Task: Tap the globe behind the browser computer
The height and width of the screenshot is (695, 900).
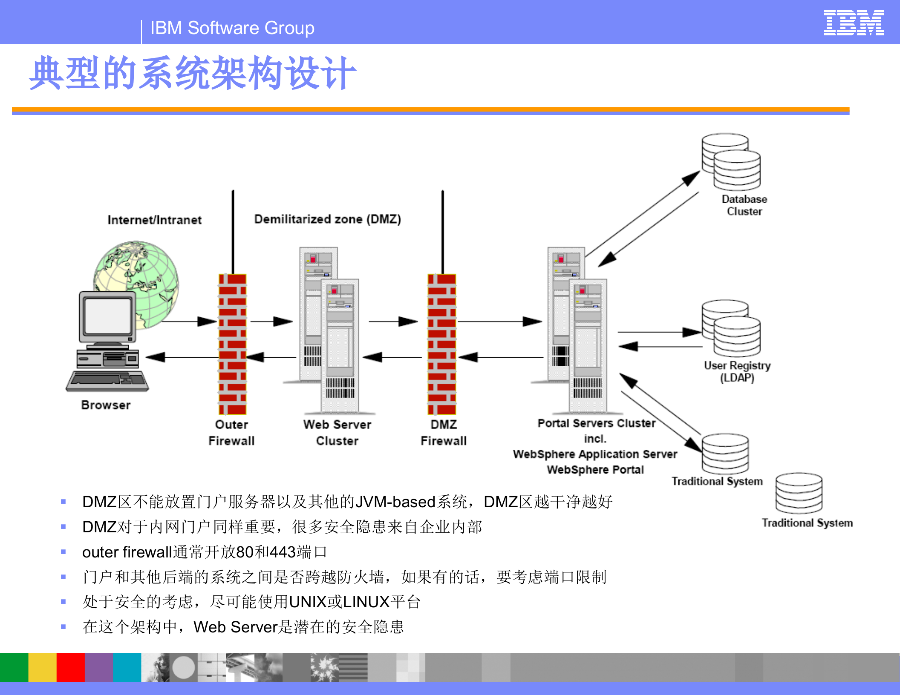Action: coord(141,273)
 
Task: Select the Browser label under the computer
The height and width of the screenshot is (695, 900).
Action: coord(106,405)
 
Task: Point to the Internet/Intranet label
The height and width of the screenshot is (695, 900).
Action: coord(154,220)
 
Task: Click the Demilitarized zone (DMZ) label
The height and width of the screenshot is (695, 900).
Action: coord(327,219)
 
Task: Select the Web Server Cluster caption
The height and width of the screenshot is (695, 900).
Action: coord(337,432)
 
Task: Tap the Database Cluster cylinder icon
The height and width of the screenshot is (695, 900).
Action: coord(731,162)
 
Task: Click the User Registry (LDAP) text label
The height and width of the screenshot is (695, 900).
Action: coord(737,372)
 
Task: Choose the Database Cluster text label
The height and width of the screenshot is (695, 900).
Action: coord(744,205)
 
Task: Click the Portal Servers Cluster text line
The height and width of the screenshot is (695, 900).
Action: coord(596,423)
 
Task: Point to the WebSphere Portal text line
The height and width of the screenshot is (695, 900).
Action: coord(595,470)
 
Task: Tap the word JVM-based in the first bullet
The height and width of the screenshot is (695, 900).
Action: coord(395,502)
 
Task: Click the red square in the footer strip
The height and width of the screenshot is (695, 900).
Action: coord(70,667)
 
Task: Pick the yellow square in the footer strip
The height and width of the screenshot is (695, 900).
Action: coord(42,667)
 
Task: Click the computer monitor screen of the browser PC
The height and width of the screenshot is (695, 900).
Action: coord(107,316)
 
